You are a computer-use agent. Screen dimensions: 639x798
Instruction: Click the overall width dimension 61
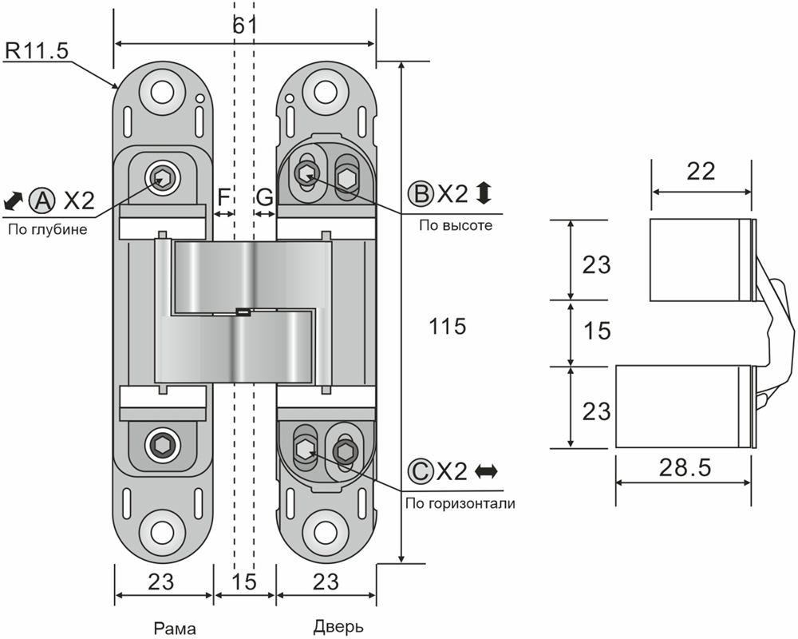[x=244, y=26]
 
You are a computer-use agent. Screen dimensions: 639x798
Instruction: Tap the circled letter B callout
[x=419, y=193]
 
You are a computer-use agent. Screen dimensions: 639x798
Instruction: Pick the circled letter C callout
[x=419, y=470]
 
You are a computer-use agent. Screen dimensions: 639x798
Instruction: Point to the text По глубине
[x=47, y=230]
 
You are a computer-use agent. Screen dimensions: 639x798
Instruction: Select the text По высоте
[x=456, y=226]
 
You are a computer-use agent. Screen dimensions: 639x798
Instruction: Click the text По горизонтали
[x=460, y=503]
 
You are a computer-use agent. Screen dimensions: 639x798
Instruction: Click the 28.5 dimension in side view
[x=683, y=467]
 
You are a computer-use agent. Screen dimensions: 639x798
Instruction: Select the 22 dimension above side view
[x=701, y=171]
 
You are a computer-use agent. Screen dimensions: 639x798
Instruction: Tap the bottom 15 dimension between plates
[x=244, y=581]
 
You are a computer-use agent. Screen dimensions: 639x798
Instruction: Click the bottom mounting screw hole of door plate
[x=325, y=533]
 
